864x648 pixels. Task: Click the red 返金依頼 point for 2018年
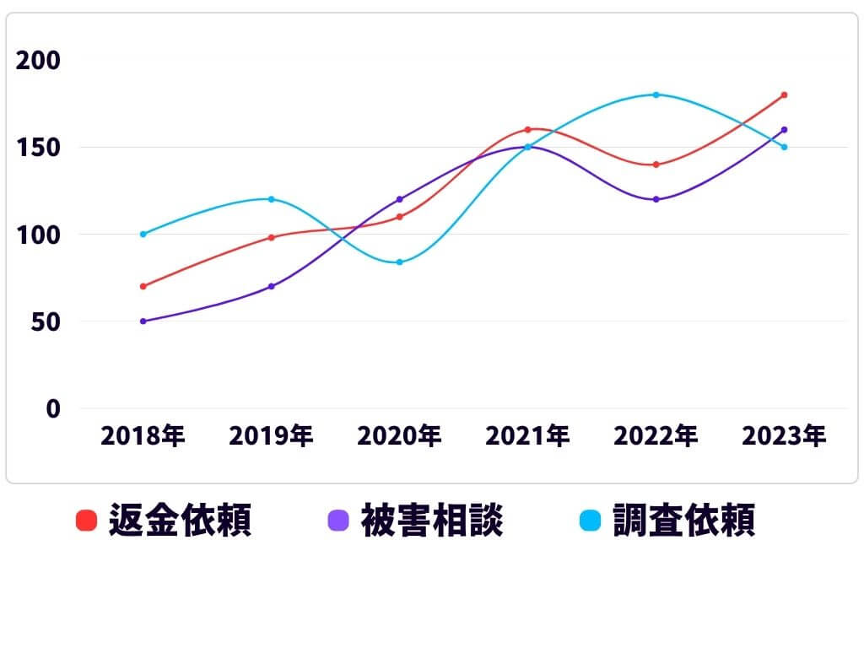[x=143, y=286]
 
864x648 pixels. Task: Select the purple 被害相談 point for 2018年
[x=143, y=321]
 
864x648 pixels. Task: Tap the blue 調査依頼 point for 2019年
[x=272, y=199]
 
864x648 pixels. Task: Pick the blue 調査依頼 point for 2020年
[x=400, y=262]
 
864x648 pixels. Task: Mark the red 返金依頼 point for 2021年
[x=527, y=130]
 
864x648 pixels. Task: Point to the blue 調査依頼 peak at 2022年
[x=656, y=94]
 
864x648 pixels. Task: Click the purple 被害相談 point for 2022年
[x=656, y=199]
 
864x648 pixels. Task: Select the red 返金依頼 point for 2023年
[x=784, y=94]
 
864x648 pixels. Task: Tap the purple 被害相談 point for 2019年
[x=272, y=286]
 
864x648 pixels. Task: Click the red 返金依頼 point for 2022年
[x=656, y=165]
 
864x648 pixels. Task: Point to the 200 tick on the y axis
[x=38, y=61]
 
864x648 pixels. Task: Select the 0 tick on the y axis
[x=53, y=408]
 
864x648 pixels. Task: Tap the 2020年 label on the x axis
[x=400, y=436]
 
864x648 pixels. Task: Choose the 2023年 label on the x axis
[x=784, y=436]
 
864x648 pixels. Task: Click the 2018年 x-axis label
[x=143, y=436]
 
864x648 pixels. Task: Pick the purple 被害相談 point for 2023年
[x=784, y=130]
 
